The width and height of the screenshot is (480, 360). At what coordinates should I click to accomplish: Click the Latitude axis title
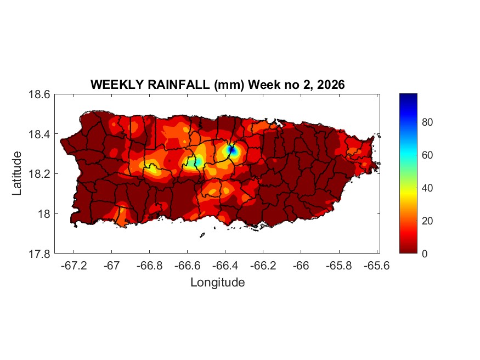[17, 173]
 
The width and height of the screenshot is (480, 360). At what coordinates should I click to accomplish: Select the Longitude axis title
[217, 283]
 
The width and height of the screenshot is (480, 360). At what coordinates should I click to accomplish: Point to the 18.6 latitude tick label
[39, 95]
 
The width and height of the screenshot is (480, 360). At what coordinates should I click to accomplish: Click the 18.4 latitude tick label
[39, 134]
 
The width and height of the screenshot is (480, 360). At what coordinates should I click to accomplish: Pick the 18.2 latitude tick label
[39, 174]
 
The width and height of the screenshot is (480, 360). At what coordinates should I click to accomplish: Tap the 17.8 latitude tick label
[39, 254]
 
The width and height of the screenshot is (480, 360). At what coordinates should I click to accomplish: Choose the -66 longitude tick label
[301, 266]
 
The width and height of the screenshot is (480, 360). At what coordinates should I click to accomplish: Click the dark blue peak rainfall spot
[231, 149]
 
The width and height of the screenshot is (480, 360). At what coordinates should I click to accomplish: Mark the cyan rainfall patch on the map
[192, 161]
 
